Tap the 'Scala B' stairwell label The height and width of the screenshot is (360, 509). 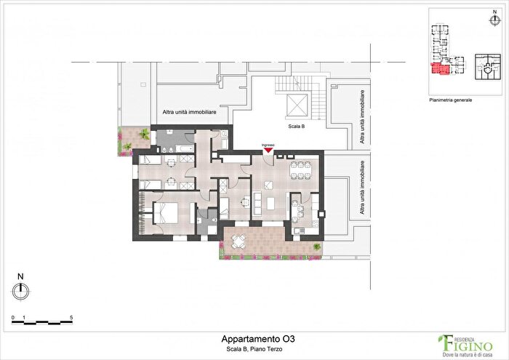[295, 125]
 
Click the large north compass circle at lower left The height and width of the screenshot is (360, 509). [21, 291]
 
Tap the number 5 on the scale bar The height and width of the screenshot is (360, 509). [71, 319]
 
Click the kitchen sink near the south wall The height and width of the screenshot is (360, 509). [299, 232]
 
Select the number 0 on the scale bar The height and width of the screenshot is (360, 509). [12, 319]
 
